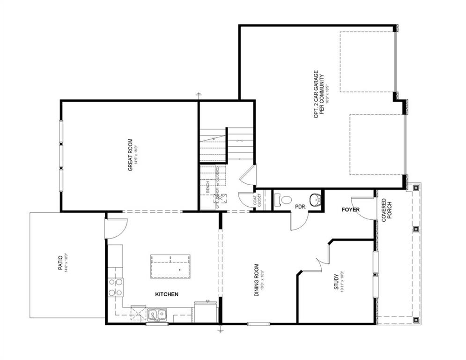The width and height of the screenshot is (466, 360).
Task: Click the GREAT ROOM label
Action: [x=130, y=154]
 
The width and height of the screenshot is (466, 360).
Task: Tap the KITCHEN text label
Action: [x=167, y=294]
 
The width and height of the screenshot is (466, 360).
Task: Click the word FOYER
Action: [x=350, y=210]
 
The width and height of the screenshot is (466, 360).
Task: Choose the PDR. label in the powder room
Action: [x=300, y=206]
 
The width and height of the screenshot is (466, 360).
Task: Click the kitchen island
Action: [x=170, y=266]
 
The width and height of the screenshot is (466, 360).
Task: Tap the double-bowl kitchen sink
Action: [x=157, y=314]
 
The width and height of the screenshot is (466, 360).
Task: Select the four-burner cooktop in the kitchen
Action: [x=116, y=287]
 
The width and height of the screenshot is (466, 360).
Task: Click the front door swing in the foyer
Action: [x=366, y=206]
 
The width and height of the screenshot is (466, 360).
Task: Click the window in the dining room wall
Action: [x=259, y=323]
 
